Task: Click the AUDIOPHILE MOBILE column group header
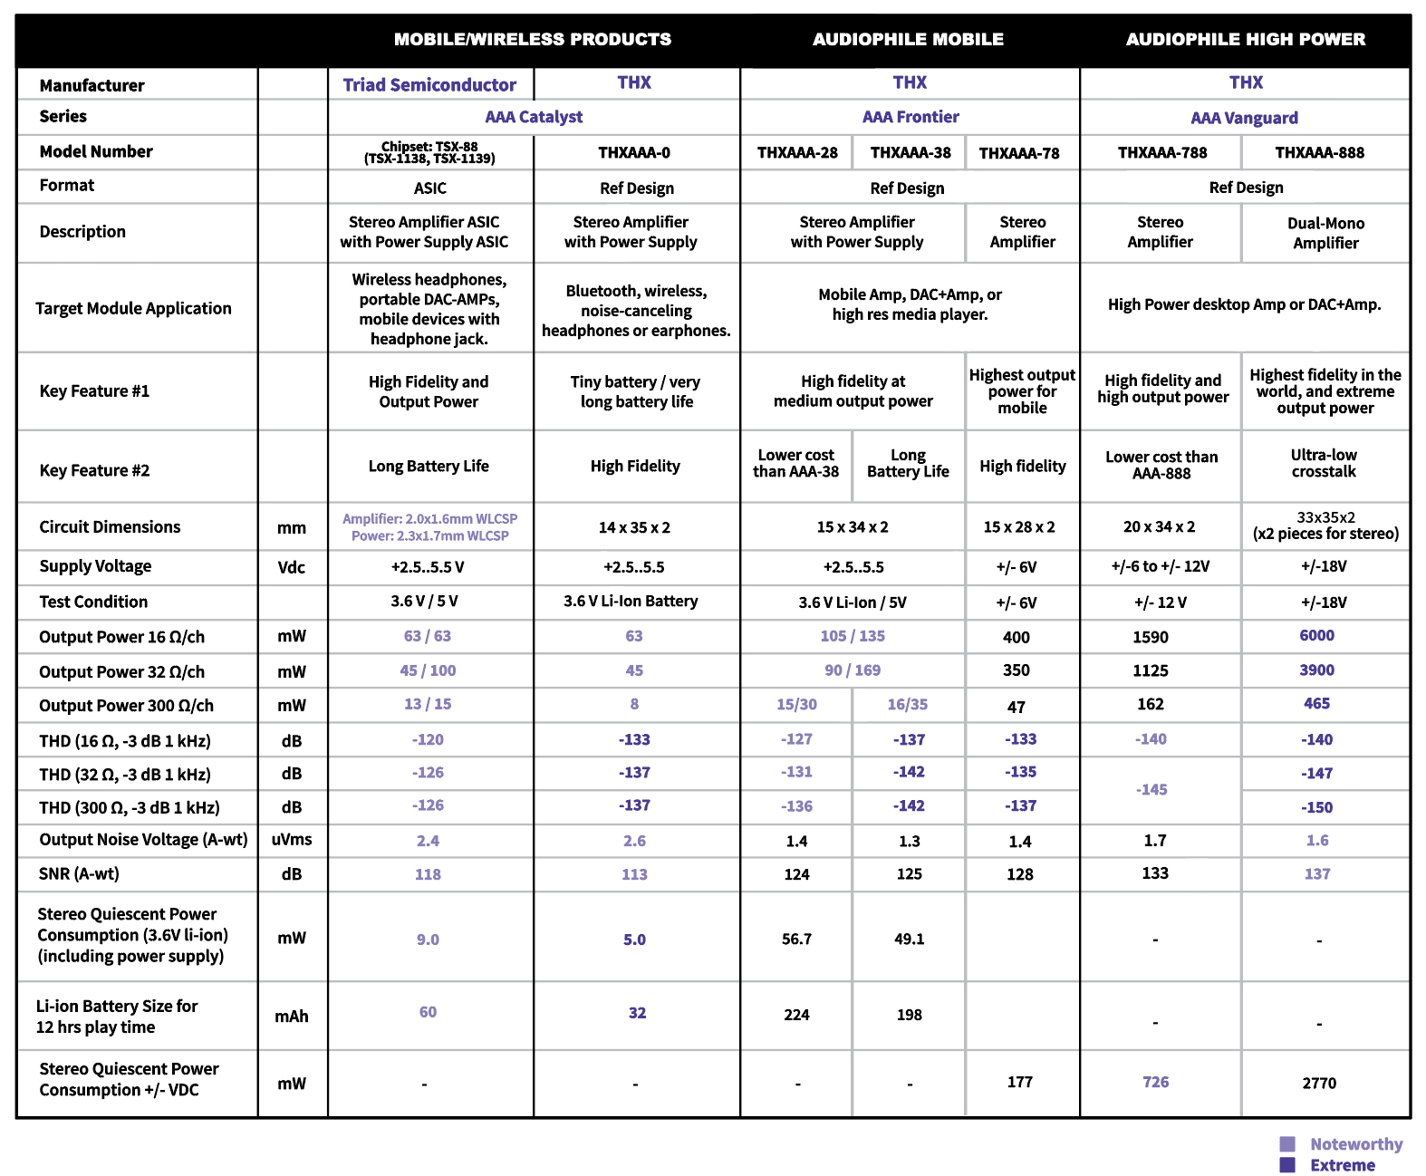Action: click(x=908, y=40)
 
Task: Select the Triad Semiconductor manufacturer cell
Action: click(x=429, y=85)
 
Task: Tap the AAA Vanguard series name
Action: click(x=1244, y=118)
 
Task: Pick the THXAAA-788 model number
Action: click(x=1162, y=153)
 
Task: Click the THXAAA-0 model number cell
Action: click(x=634, y=153)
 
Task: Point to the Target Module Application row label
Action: click(x=133, y=309)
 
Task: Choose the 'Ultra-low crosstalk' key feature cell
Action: click(x=1324, y=463)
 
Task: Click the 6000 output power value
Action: click(x=1316, y=636)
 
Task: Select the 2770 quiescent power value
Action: click(x=1319, y=1084)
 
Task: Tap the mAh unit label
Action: click(x=292, y=1017)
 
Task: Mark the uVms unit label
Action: click(x=292, y=840)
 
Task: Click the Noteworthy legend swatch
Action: click(x=1287, y=1144)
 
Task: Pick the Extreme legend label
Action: click(x=1343, y=1166)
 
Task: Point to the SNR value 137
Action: click(x=1317, y=874)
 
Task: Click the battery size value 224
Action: click(x=796, y=1016)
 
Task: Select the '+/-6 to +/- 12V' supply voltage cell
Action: click(x=1161, y=567)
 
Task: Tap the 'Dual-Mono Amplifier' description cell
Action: click(x=1325, y=234)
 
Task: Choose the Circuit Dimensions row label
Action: click(x=110, y=527)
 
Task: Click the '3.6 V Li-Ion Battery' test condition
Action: click(x=631, y=602)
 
